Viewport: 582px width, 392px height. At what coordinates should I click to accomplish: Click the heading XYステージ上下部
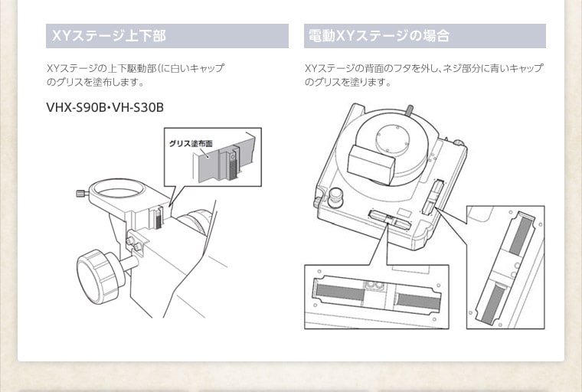point(107,36)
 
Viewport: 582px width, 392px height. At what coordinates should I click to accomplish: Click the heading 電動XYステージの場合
point(378,36)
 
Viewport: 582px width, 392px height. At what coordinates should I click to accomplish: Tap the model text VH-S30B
point(138,107)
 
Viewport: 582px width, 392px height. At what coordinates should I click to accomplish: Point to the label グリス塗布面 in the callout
point(191,143)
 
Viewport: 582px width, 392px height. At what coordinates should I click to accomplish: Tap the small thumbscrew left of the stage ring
point(82,194)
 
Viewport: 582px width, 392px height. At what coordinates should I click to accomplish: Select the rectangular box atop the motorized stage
point(371,162)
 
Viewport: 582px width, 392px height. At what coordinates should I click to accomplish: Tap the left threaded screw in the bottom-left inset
point(338,291)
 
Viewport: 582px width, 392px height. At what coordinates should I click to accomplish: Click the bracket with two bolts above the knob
point(137,243)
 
